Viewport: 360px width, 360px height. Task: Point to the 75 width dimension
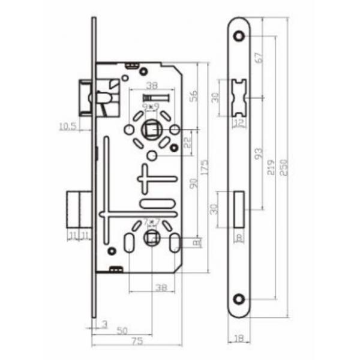(137, 341)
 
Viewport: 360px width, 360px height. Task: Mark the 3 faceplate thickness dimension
(105, 325)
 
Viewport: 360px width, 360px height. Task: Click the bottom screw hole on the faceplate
(240, 298)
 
